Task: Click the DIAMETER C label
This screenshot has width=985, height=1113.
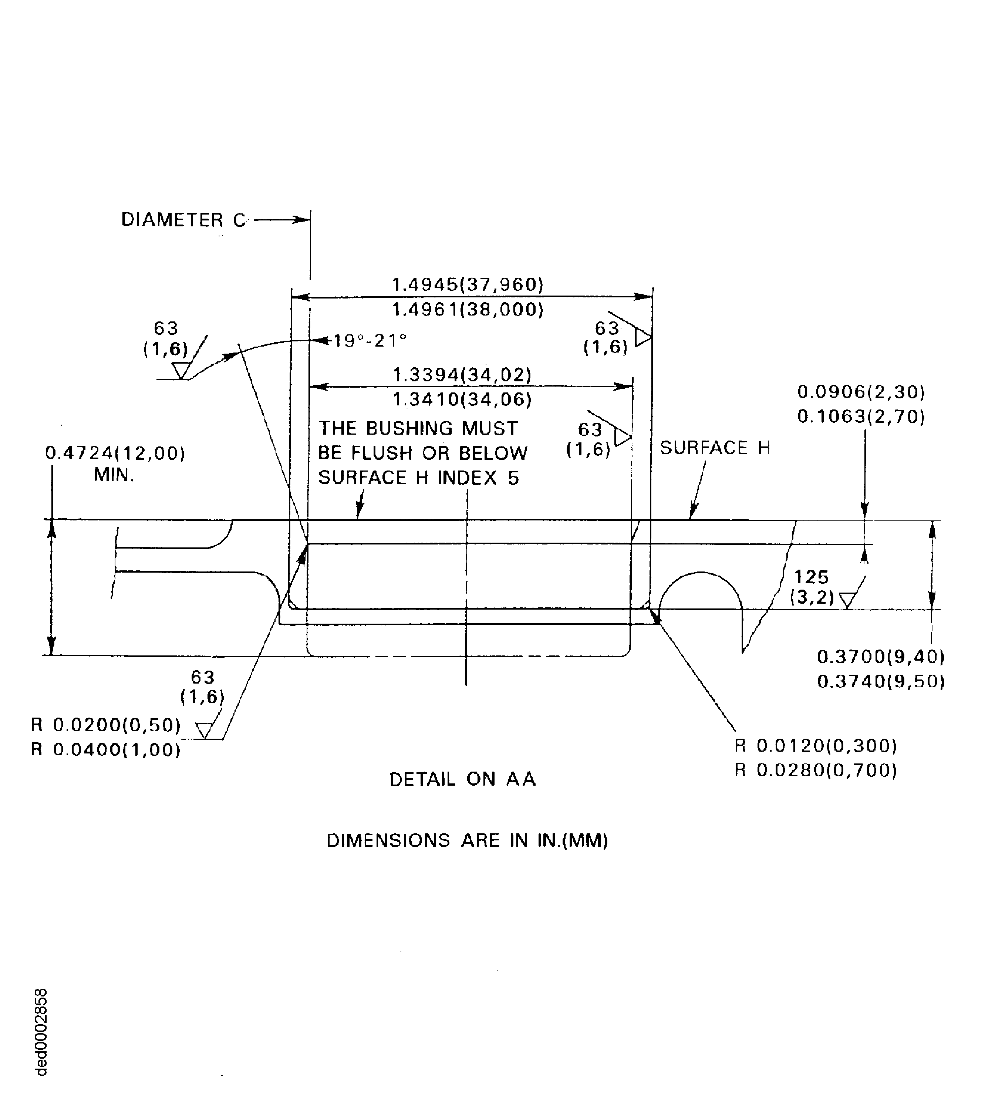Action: point(183,220)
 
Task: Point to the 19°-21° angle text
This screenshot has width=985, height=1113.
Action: point(370,341)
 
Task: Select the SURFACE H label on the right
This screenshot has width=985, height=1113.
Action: point(714,448)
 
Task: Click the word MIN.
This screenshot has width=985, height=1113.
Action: point(114,475)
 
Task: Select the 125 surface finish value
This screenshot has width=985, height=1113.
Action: point(811,577)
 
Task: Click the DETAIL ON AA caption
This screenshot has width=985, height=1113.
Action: point(463,779)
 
